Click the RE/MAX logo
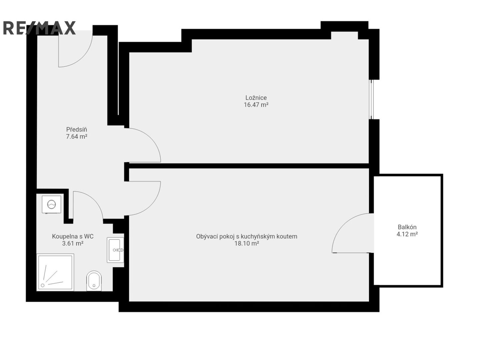point(39,28)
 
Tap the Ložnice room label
point(256,98)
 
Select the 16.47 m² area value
point(256,105)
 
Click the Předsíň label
point(76,129)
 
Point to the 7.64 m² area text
point(76,136)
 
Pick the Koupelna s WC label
point(73,236)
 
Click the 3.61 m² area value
point(73,243)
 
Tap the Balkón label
point(407,227)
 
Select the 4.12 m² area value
point(407,234)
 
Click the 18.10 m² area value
point(246,243)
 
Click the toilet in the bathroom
point(94,281)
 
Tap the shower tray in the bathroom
point(55,272)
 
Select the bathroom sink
point(115,250)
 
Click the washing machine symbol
point(52,204)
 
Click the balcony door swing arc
point(341,226)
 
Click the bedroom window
point(371,100)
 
